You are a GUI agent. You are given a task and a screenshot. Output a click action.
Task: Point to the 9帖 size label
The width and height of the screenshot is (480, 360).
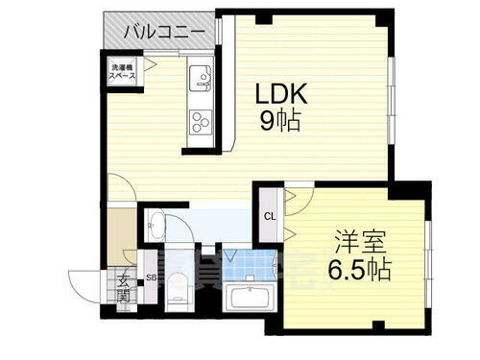click(277, 122)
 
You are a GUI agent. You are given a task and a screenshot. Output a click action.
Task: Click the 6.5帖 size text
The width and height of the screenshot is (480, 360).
click(359, 268)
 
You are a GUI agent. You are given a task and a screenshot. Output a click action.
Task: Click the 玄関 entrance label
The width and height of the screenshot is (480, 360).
click(125, 288)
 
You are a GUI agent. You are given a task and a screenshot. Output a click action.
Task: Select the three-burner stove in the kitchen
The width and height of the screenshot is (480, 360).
click(202, 123)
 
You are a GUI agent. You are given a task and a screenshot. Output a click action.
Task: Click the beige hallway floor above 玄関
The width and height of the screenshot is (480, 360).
click(121, 235)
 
